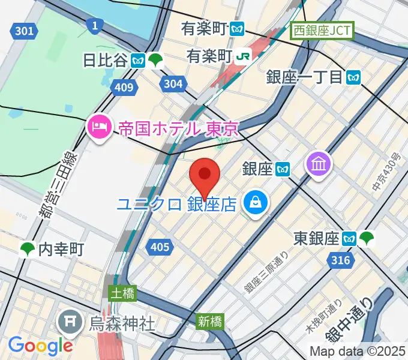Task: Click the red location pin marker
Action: (205, 175)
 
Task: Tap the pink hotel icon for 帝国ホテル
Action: (98, 127)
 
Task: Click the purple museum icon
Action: (319, 164)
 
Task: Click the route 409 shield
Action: (123, 88)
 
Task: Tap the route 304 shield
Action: (173, 84)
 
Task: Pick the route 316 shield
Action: (340, 260)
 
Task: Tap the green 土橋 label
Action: (123, 293)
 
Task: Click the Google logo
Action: (40, 346)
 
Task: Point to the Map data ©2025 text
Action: (356, 351)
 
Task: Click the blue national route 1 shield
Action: (93, 25)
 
